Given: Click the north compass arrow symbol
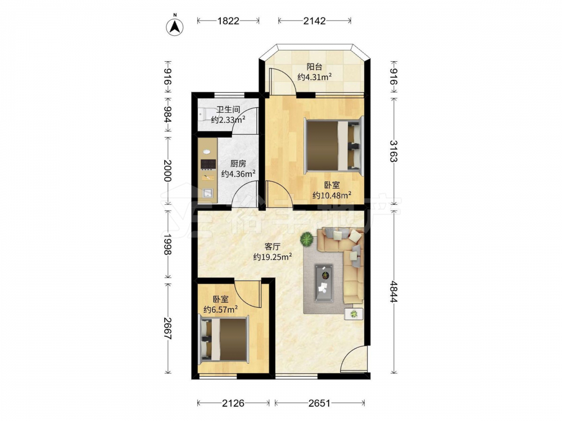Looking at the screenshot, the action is pos(175,26).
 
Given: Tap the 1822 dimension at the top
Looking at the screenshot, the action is pos(228,21).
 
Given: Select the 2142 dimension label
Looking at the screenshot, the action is pos(314,21).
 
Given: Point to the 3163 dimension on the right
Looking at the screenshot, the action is pos(393,150).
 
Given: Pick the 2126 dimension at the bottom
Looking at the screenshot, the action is pos(233,403).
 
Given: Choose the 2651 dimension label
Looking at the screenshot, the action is pos(319,403).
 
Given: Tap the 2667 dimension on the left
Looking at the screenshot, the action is pos(167,328).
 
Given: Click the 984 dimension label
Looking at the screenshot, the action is pos(167,114).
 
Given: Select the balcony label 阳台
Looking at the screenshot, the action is pos(314,67).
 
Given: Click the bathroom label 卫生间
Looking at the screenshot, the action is pos(228,109).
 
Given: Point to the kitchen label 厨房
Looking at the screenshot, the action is pos(238,163).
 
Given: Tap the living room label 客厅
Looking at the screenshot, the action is pos(273,246).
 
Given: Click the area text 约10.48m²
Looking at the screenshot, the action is pos(332,195).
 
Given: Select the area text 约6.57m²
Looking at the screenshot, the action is pos(220,309).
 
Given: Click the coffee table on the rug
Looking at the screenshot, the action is pos(324,283).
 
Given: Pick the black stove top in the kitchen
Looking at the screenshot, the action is pos(208,164).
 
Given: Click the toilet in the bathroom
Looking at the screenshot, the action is pos(202,114).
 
